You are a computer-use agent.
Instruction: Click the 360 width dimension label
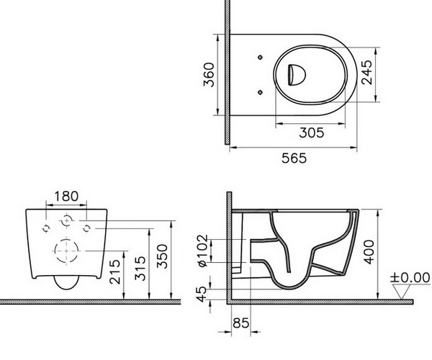pyautogui.click(x=209, y=75)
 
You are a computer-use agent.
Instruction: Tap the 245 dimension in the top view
pyautogui.click(x=366, y=72)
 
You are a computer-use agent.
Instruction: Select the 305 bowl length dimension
pyautogui.click(x=312, y=132)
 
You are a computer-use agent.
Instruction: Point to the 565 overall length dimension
pyautogui.click(x=294, y=158)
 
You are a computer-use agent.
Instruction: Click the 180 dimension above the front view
pyautogui.click(x=66, y=197)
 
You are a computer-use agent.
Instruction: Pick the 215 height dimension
pyautogui.click(x=115, y=271)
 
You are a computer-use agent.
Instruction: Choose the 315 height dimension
pyautogui.click(x=140, y=269)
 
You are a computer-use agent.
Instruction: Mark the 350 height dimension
pyautogui.click(x=162, y=256)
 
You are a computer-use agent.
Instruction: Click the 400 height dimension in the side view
pyautogui.click(x=369, y=252)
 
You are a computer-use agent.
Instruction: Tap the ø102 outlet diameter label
pyautogui.click(x=202, y=251)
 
